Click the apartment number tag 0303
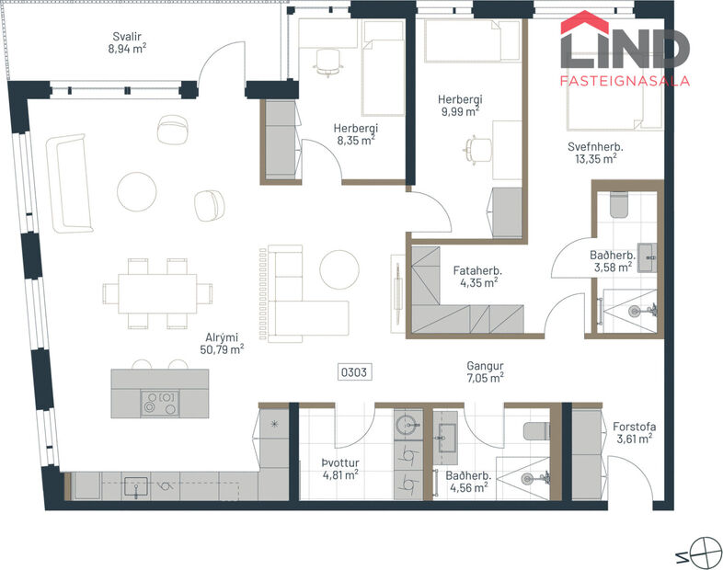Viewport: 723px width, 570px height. click(x=354, y=373)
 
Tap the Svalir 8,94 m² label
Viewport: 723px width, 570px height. click(x=126, y=45)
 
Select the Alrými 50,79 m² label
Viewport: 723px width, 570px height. click(x=222, y=342)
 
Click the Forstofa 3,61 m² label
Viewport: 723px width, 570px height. click(x=634, y=432)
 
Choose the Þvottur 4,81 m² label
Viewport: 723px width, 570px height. click(x=339, y=469)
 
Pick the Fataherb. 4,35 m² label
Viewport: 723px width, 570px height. click(x=476, y=277)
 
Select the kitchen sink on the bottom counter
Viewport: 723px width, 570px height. click(x=136, y=485)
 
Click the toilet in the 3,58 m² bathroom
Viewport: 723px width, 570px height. click(x=617, y=202)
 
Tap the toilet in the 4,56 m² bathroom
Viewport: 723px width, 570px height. click(x=534, y=430)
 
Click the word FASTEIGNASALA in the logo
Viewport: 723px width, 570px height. click(x=625, y=81)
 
